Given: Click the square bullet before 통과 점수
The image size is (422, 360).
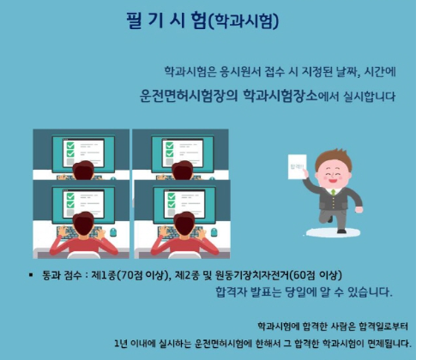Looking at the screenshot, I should pos(33,274).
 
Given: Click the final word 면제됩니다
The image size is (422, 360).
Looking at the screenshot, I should pos(386,343).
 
